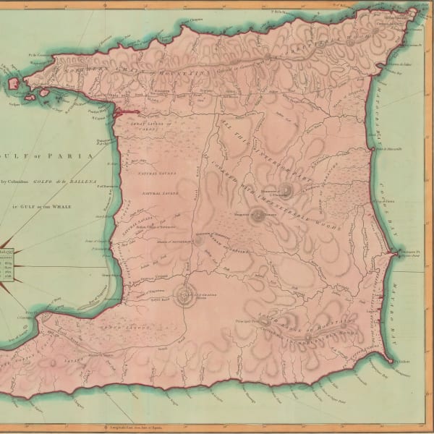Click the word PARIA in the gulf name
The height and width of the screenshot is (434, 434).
[x=77, y=155]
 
